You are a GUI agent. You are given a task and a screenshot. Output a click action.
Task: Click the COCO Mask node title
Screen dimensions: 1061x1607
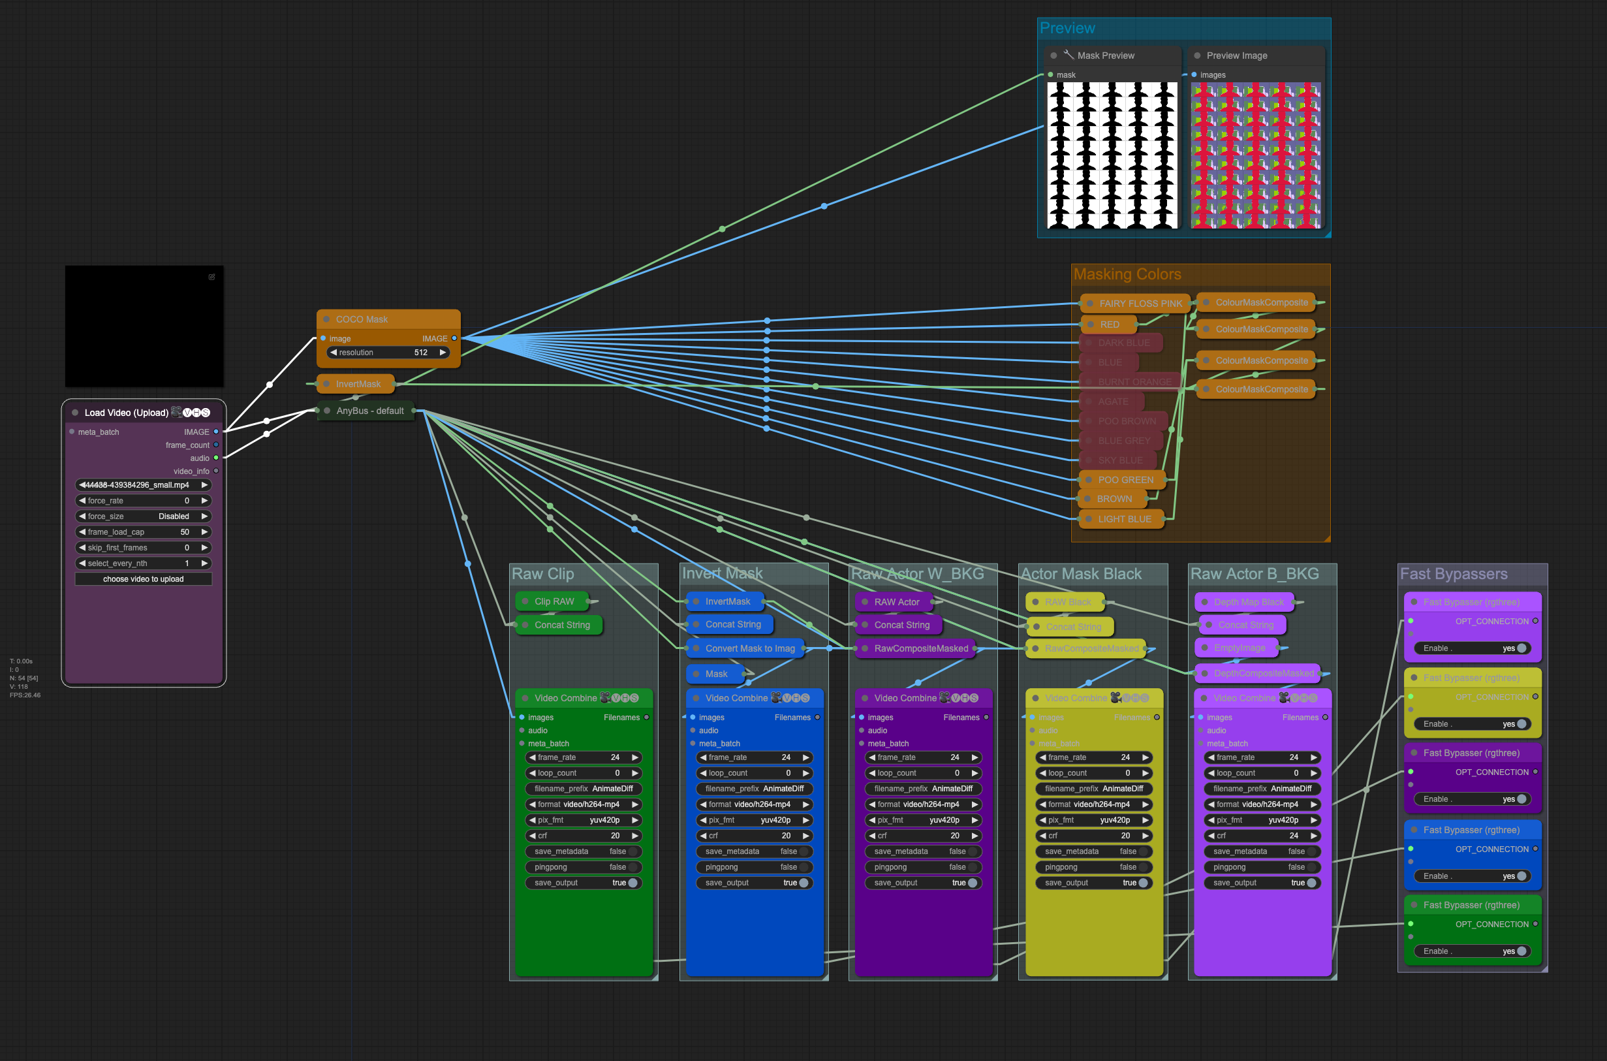click(x=362, y=319)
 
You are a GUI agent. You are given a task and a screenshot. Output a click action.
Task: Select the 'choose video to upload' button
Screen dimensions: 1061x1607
click(x=144, y=579)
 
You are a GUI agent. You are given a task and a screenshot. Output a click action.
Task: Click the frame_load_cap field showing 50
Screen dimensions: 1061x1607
click(x=144, y=532)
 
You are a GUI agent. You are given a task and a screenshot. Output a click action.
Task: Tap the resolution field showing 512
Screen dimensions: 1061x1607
click(x=388, y=353)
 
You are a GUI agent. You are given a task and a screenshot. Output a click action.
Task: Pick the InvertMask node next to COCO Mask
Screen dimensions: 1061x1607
click(x=358, y=385)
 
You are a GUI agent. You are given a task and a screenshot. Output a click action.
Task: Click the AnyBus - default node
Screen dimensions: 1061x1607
click(x=369, y=411)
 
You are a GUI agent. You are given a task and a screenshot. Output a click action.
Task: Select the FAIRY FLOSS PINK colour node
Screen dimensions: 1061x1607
click(x=1140, y=304)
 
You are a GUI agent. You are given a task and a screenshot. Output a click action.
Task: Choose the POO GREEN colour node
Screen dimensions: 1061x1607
click(x=1125, y=480)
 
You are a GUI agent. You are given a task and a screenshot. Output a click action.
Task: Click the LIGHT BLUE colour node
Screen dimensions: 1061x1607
click(x=1124, y=519)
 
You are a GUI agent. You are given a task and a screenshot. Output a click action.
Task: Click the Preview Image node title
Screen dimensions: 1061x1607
click(x=1236, y=55)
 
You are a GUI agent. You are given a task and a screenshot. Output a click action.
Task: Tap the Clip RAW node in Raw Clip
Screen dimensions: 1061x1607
click(x=554, y=601)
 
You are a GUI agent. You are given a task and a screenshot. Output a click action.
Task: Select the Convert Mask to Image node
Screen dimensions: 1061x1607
click(x=749, y=648)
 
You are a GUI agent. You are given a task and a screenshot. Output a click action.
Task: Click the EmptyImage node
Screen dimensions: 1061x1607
click(x=1238, y=648)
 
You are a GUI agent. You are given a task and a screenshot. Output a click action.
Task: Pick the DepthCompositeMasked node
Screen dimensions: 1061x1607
click(x=1263, y=673)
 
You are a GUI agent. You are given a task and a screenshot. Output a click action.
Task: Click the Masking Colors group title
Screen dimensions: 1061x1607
click(x=1127, y=275)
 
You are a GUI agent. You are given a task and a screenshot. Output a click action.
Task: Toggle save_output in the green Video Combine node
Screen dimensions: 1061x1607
click(x=632, y=883)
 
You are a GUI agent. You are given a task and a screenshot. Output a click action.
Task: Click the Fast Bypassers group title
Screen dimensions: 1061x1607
click(x=1453, y=575)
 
